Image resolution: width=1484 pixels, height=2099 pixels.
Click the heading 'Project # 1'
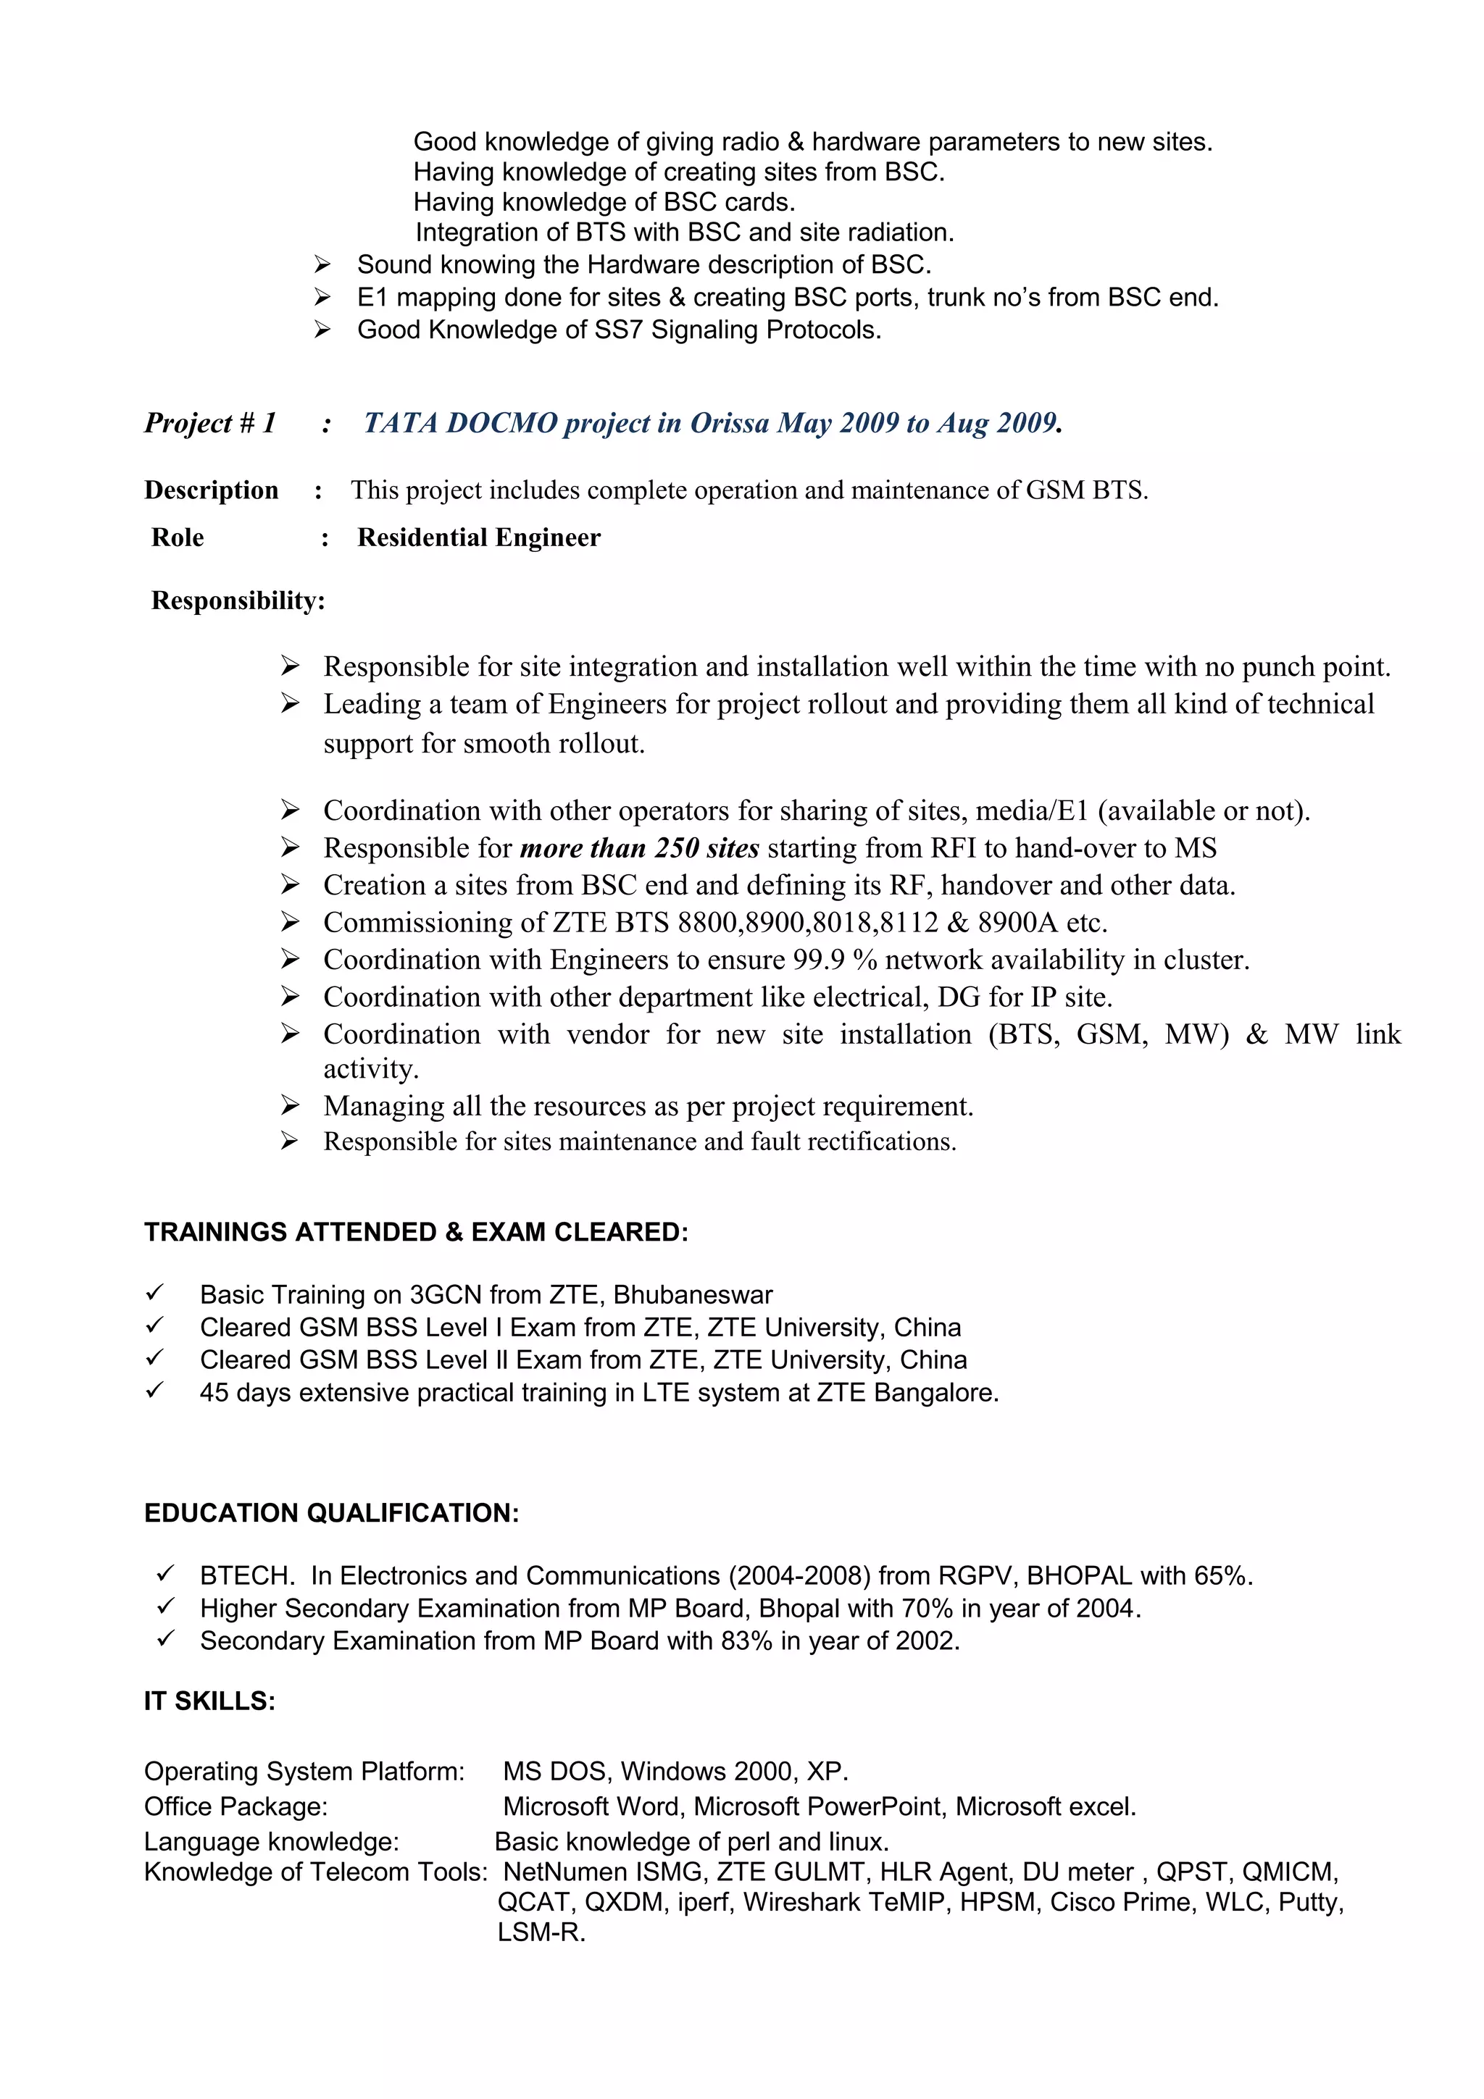tap(209, 423)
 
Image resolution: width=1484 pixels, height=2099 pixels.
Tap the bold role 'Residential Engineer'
tap(478, 537)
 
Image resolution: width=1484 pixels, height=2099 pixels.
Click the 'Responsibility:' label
tap(238, 600)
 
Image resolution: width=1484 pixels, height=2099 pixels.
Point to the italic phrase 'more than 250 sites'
tap(639, 848)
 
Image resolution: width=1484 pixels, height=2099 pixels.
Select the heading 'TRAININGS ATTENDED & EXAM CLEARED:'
tap(416, 1232)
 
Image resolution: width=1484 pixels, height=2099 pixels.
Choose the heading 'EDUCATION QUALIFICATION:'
tap(331, 1513)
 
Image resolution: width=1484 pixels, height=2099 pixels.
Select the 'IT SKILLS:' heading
tap(209, 1701)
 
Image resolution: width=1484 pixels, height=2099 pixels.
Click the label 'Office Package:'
tap(235, 1806)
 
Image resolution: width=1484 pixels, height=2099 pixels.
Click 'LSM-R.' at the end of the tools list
tap(541, 1932)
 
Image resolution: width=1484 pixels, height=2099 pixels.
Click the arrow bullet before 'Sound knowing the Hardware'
tap(322, 265)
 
